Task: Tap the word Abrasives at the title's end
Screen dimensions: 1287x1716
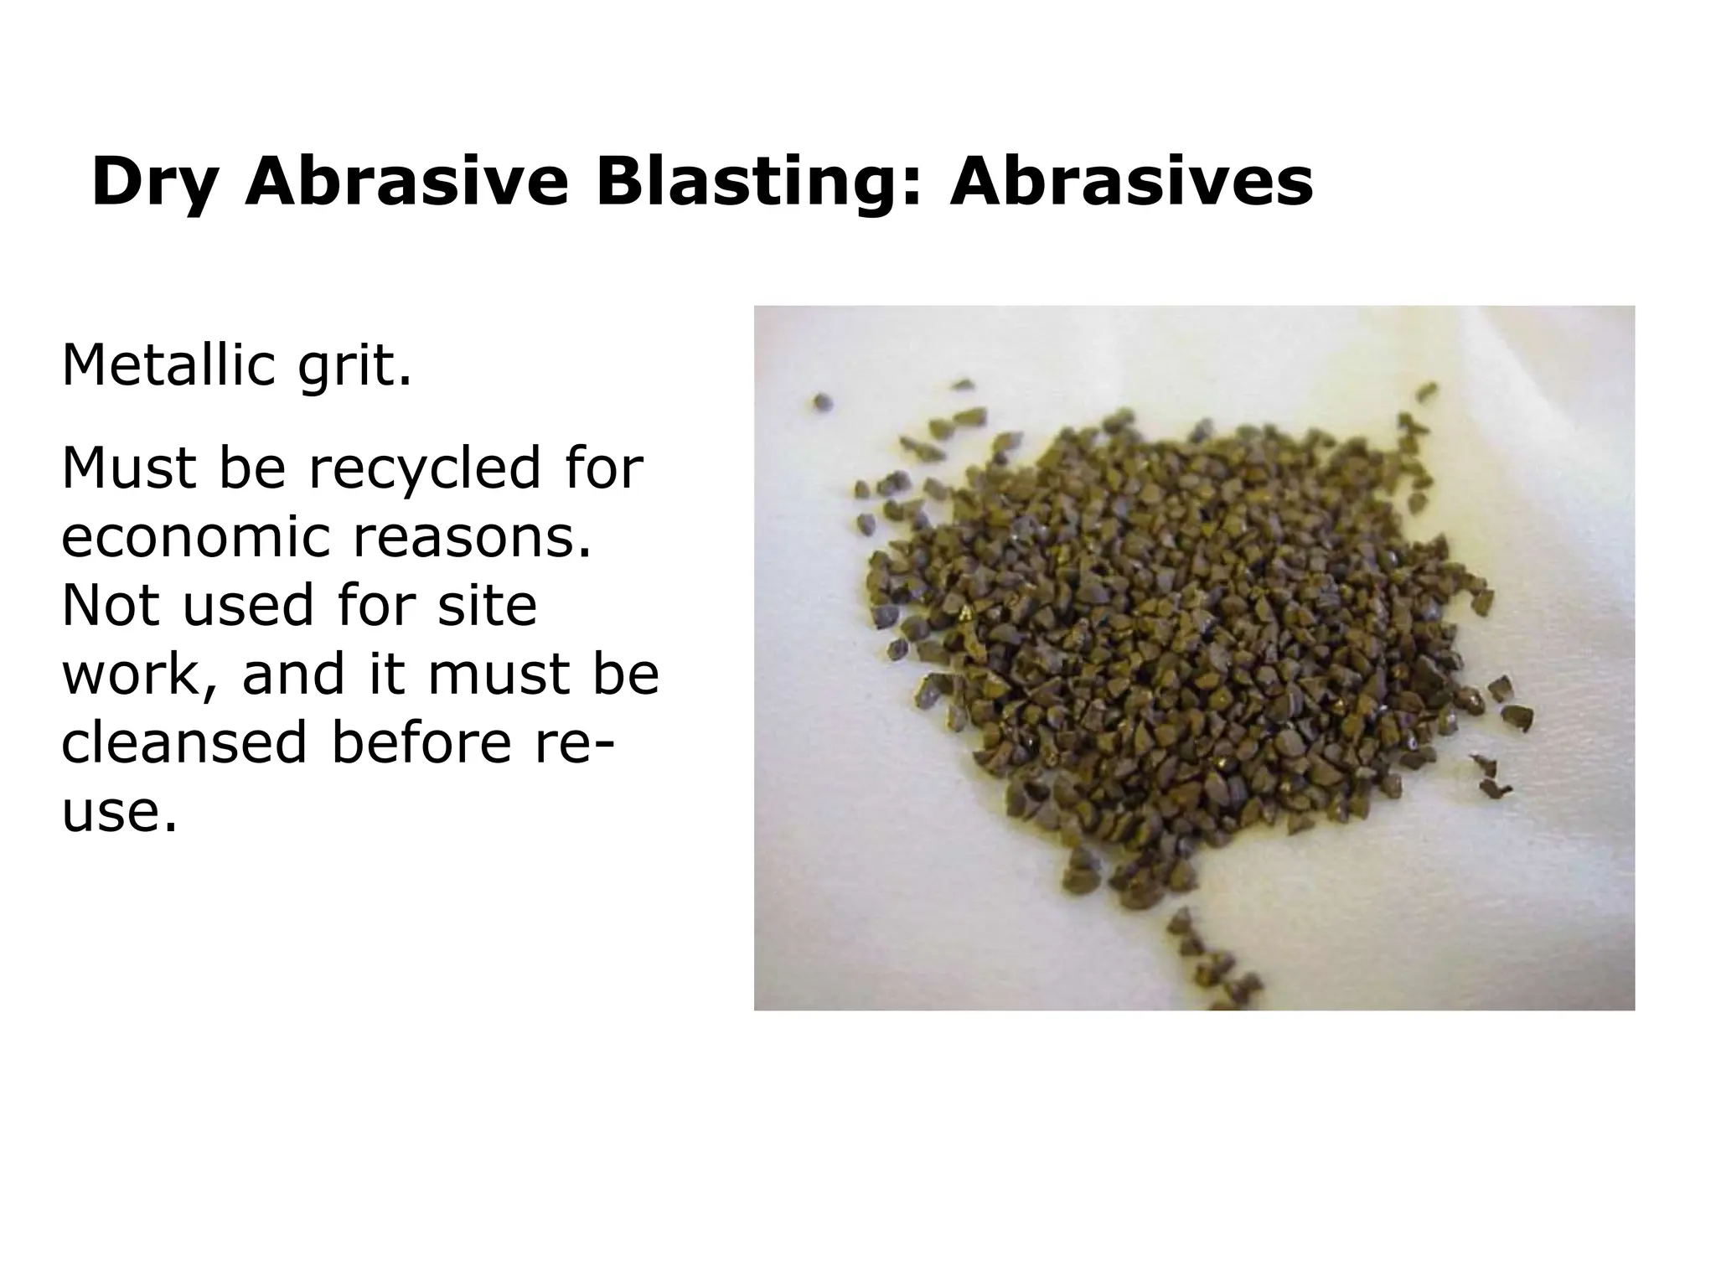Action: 1131,183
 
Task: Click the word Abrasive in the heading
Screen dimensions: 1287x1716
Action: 406,183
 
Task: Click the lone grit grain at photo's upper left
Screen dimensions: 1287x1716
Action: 822,403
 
